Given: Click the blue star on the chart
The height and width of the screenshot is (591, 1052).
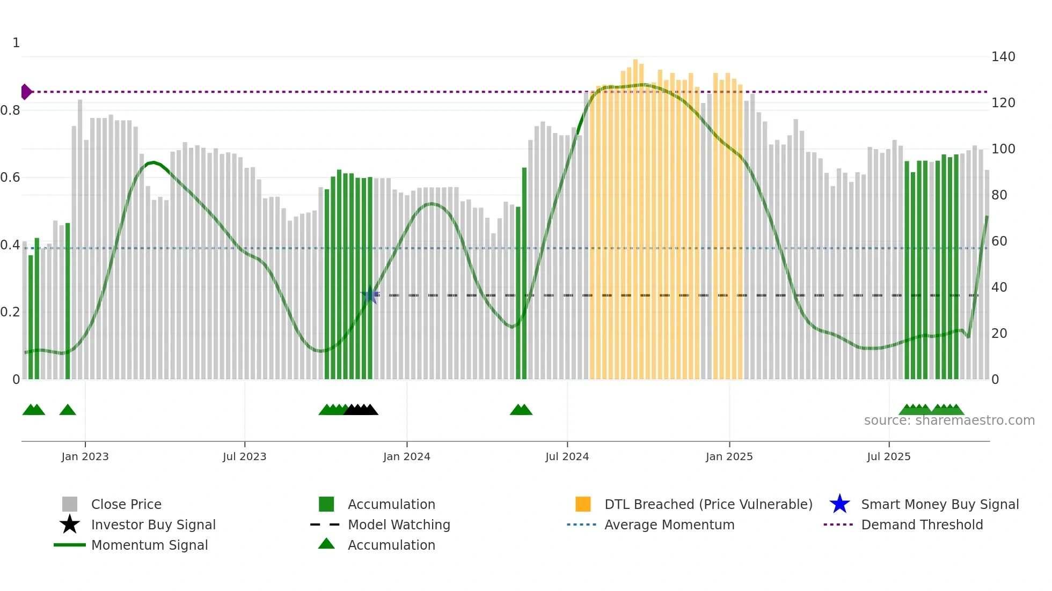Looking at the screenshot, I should [x=370, y=295].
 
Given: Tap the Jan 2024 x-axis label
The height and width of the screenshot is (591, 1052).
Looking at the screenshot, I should [x=406, y=457].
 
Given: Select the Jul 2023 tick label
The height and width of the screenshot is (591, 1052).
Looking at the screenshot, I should [x=244, y=457].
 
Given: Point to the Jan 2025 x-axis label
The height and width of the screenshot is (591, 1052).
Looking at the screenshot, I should [x=729, y=457].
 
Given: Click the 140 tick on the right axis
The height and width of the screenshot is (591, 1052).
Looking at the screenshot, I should [x=1003, y=57].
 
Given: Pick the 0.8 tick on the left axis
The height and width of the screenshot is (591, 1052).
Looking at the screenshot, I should [x=10, y=110].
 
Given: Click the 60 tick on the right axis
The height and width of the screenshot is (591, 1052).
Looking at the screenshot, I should [x=999, y=241].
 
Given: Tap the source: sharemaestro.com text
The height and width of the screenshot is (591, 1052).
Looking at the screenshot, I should [x=949, y=420].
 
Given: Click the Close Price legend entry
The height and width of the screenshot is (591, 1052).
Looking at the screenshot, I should [x=126, y=505].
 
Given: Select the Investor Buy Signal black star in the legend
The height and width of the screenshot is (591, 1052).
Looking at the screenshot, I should [x=70, y=524].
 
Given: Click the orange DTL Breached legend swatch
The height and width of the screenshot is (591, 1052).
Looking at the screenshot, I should [x=583, y=504].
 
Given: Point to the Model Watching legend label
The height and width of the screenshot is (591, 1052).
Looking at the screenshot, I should [x=399, y=525].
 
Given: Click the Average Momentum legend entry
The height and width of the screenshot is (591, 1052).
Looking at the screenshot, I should [x=669, y=525].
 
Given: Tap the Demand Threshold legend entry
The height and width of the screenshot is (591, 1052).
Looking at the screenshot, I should [x=922, y=525].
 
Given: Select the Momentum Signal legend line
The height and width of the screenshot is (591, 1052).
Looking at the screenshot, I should [x=70, y=545].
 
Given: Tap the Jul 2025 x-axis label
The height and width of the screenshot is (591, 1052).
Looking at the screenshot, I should [x=888, y=457].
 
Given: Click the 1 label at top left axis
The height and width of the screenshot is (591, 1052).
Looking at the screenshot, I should [x=16, y=43].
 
